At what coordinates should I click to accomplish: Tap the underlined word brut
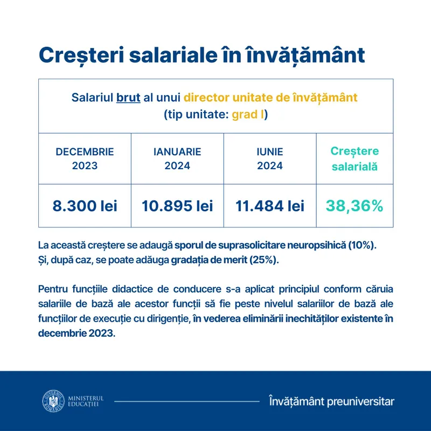(128, 99)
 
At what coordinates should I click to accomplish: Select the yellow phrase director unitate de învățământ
(270, 99)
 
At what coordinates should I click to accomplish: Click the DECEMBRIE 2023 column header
(85, 159)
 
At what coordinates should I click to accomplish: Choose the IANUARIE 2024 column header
(177, 159)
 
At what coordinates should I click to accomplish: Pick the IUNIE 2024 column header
(269, 159)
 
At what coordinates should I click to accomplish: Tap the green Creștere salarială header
(354, 159)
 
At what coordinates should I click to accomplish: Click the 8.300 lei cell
(85, 205)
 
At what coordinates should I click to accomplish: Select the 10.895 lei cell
(177, 205)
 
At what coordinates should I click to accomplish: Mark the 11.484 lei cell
(269, 205)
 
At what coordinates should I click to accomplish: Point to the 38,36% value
(354, 205)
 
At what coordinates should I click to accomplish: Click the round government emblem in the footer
(53, 401)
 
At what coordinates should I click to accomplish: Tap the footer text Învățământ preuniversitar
(331, 401)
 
